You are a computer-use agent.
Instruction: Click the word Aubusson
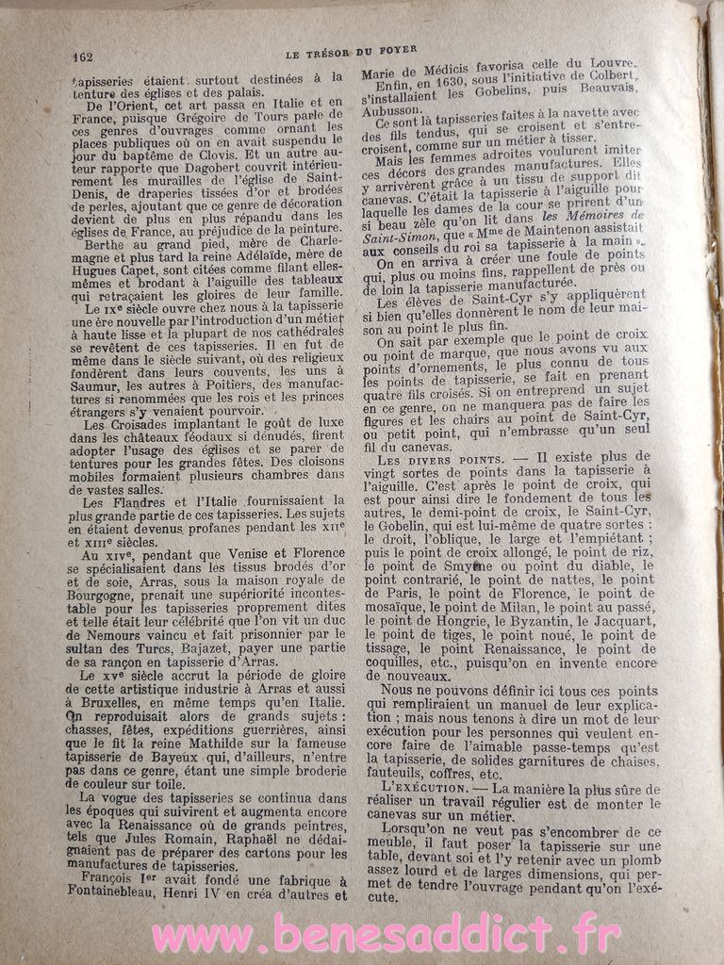click(x=396, y=109)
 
